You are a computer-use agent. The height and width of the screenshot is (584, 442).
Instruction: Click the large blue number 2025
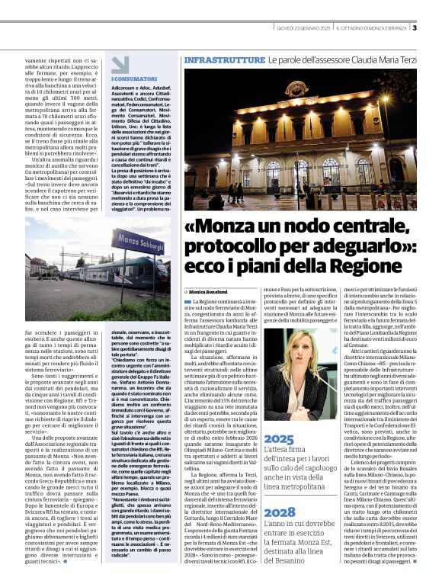point(279,440)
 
